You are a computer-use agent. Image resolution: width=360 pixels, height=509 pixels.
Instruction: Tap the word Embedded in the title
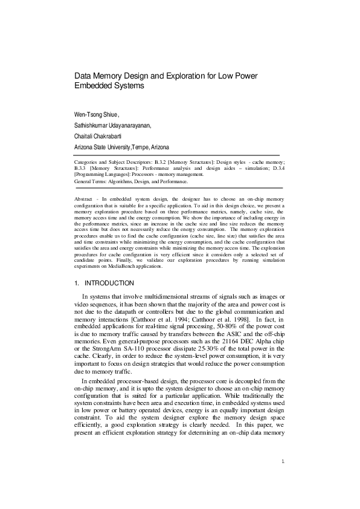tap(95, 86)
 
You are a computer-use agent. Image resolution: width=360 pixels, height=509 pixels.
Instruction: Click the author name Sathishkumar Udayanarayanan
tap(113, 126)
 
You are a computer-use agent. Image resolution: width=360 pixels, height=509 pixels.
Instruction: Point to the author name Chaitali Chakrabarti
tap(101, 137)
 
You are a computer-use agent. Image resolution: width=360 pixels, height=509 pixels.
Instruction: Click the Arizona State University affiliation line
tap(121, 148)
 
